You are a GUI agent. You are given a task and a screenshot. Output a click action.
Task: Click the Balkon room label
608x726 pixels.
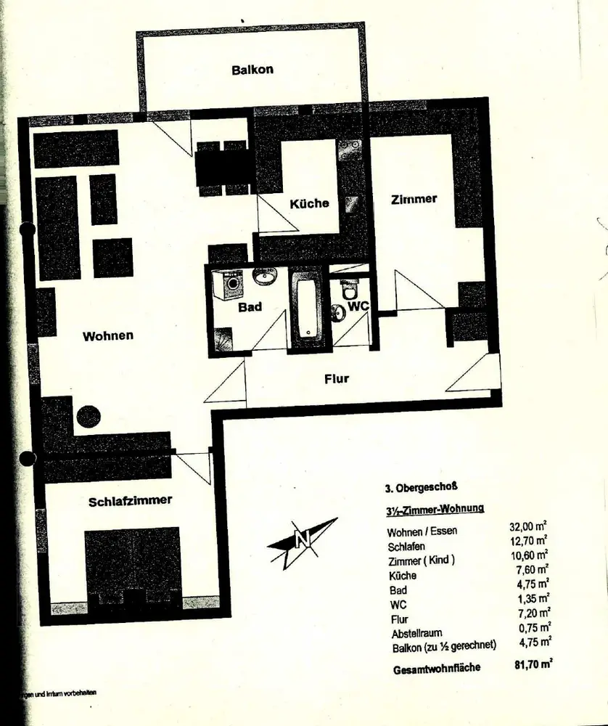(252, 70)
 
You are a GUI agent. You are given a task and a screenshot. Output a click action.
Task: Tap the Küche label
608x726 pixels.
(310, 203)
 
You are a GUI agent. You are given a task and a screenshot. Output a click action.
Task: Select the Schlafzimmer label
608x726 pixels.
(131, 501)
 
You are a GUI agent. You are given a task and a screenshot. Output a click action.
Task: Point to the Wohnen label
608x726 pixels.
(108, 335)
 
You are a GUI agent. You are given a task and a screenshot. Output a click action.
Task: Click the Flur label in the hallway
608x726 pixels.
(337, 378)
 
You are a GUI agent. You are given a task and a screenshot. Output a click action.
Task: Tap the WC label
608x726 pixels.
(358, 306)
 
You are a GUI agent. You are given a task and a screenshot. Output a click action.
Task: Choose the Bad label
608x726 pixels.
(250, 307)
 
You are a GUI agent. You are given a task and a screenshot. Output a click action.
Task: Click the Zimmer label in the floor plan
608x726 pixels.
(414, 198)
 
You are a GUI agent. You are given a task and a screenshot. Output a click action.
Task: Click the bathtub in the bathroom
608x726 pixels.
(308, 311)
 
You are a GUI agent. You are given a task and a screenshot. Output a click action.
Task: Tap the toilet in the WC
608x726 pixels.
(348, 290)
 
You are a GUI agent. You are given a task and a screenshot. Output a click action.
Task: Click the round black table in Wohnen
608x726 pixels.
(88, 417)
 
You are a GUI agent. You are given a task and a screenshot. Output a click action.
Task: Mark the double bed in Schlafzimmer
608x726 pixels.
(133, 563)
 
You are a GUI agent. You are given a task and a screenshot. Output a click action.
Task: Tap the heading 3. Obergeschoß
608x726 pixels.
(420, 488)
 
